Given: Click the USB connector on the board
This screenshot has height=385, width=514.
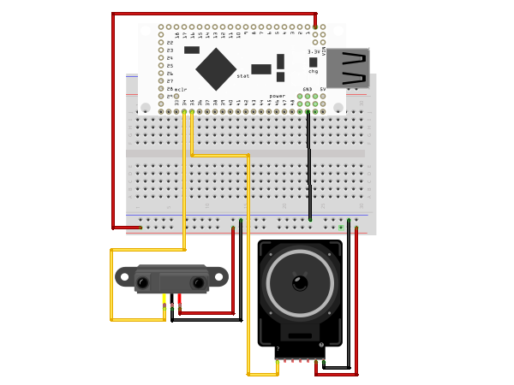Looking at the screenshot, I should coord(348,68).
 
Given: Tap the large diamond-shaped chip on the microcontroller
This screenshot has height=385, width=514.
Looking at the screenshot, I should coord(216,68).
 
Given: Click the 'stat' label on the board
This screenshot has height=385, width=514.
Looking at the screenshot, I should coord(243,76).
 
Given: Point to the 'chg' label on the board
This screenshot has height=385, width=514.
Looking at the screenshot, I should coord(313,71).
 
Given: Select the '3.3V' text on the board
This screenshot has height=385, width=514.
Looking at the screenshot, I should coord(314,51).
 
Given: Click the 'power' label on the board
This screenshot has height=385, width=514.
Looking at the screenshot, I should coord(278,96).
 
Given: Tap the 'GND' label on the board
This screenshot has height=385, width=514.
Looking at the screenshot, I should coord(308,89).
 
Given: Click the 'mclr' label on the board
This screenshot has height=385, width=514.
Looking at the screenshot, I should coord(181,89).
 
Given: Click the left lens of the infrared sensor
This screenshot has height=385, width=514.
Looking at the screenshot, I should coord(143,282).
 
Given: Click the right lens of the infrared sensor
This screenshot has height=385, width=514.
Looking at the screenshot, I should coord(198,282).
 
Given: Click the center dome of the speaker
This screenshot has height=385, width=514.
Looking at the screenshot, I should coord(300,282).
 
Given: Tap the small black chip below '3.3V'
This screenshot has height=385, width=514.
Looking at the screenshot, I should coord(313,62).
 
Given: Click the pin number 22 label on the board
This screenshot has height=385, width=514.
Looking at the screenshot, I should coord(170,43).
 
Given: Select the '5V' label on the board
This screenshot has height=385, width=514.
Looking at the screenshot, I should coord(322,89).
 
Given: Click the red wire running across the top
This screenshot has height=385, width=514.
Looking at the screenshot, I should coord(214,14).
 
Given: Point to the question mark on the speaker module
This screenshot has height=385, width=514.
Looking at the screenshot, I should coord(278,349).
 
